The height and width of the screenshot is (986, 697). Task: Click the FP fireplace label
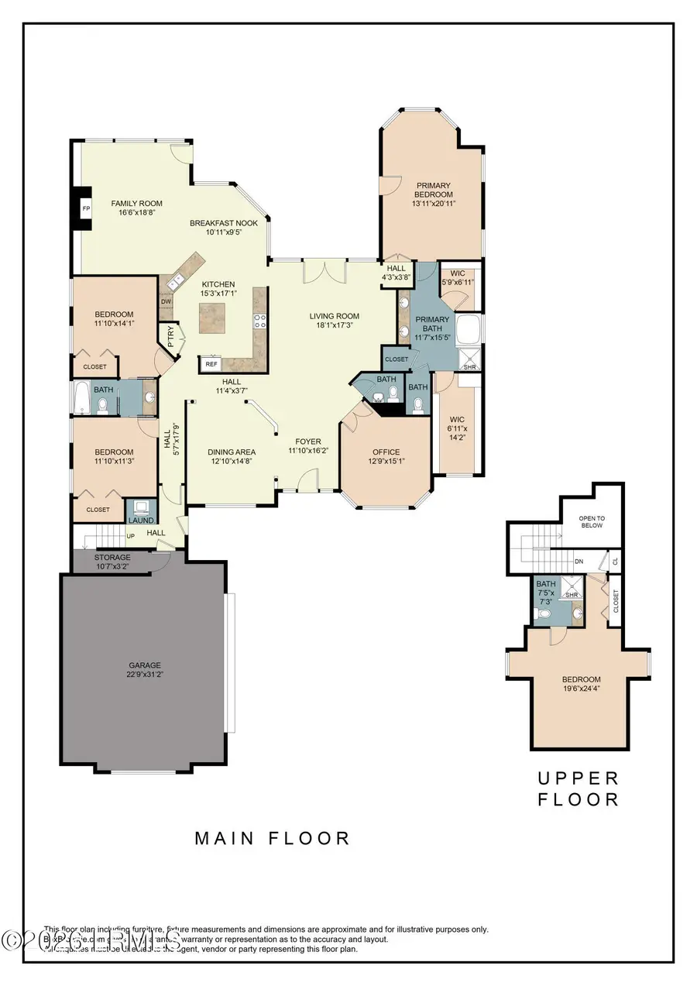pos(86,209)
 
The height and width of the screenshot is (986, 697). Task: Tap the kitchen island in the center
pos(214,318)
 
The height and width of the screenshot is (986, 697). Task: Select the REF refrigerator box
pos(211,363)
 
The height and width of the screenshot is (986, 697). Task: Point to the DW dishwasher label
pos(166,302)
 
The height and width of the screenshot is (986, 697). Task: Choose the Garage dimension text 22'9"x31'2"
pos(145,675)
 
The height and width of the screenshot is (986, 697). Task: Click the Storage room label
pos(112,557)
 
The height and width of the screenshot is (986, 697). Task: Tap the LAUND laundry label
pos(141,520)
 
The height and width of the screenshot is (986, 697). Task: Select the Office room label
pos(386,452)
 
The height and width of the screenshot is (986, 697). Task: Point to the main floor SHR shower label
pos(469,366)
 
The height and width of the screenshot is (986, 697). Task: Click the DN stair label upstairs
pos(579,561)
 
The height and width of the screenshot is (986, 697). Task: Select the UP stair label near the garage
pos(130,535)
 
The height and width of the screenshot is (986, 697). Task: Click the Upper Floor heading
pos(579,788)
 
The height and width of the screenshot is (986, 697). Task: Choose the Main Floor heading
pos(273,837)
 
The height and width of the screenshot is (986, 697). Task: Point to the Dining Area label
pos(232,452)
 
